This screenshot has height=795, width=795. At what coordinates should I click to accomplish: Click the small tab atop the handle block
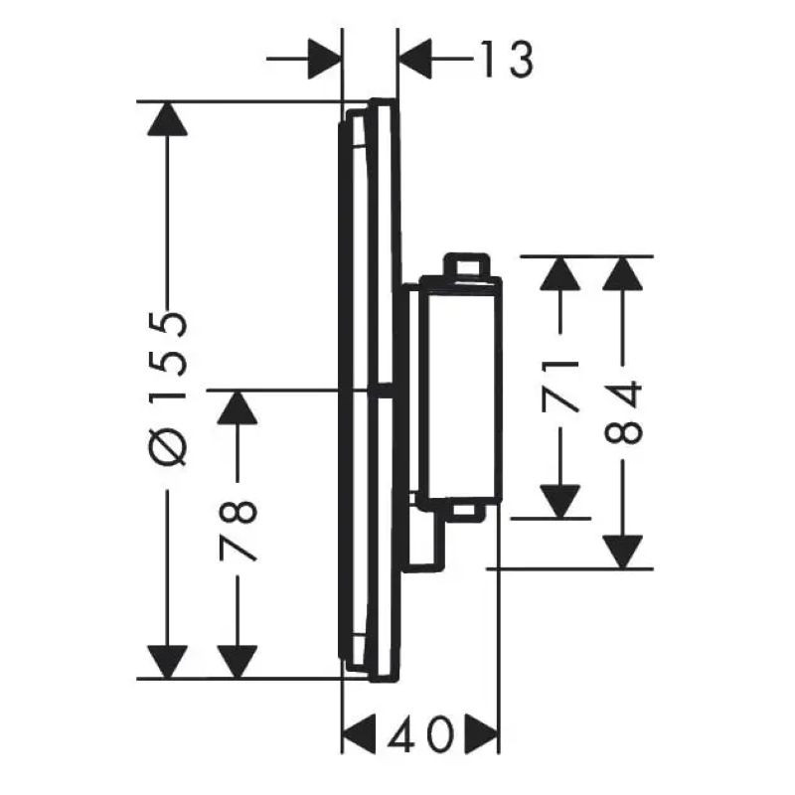coord(467,264)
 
